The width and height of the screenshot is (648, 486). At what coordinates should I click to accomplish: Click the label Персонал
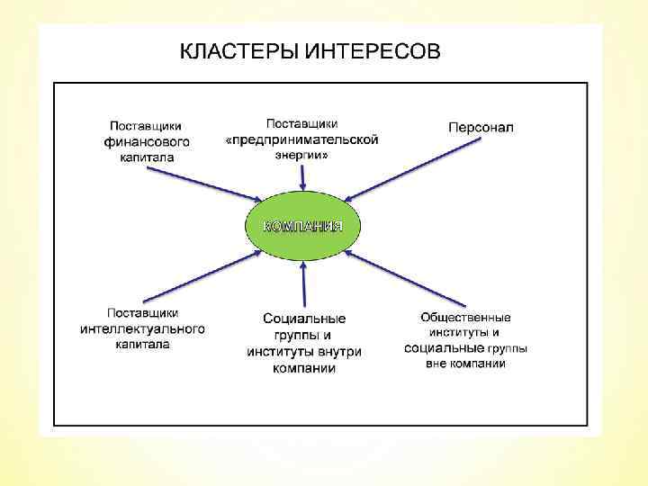coord(481,127)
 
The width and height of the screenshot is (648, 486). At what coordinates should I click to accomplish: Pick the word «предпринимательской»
coord(301,139)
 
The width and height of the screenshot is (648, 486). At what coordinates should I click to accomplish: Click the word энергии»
coord(301,154)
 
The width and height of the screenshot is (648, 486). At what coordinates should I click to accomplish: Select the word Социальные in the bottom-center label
coord(304,319)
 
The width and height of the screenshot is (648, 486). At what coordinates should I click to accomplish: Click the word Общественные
coord(465,317)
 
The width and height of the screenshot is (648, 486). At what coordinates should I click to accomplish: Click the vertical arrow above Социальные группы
coord(304,283)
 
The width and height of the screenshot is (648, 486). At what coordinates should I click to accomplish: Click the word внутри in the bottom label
coord(340,352)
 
